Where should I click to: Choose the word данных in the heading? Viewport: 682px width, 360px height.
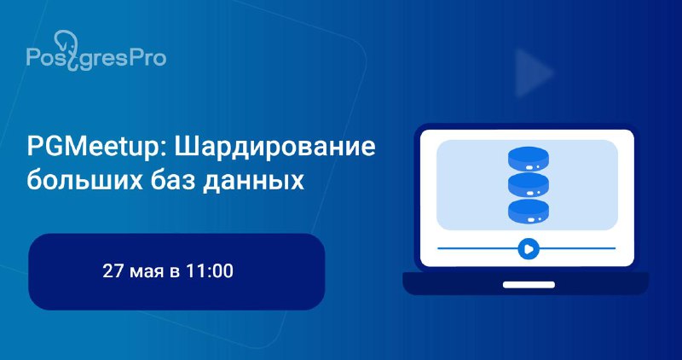pos(253,181)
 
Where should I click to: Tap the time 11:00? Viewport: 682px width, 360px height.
pos(209,271)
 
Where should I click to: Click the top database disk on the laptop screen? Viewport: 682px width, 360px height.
pos(528,159)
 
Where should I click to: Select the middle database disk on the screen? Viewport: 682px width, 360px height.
pos(528,184)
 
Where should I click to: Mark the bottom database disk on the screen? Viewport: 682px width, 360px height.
pos(528,212)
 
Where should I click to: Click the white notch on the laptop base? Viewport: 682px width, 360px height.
pos(529,285)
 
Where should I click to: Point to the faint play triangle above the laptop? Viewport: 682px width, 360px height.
pos(531,73)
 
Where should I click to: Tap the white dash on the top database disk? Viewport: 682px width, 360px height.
pos(529,166)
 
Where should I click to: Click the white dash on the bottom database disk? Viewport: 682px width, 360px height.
pos(529,220)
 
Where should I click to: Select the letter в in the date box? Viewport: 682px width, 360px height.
pos(175,273)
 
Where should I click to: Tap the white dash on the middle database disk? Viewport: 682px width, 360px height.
pos(529,193)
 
